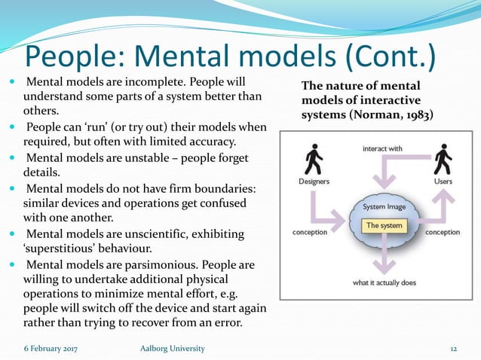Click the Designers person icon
[x=311, y=160]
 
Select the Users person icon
[x=444, y=160]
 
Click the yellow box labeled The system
[x=384, y=225]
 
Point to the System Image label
[x=384, y=206]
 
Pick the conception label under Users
[x=443, y=232]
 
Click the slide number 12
[x=454, y=349]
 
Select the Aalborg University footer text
[x=172, y=349]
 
